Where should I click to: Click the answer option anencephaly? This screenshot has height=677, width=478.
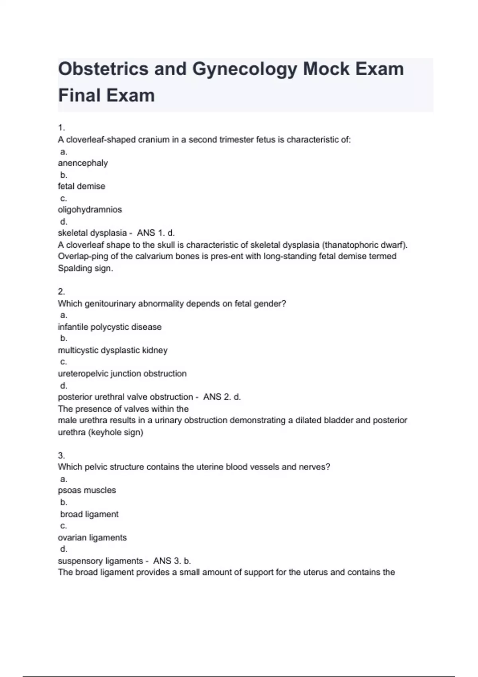point(83,163)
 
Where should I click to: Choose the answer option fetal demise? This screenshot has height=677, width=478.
point(82,186)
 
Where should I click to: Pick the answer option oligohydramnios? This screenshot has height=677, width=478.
point(90,209)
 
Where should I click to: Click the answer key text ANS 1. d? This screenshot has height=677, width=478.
point(156,233)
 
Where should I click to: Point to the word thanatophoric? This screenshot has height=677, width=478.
point(353,245)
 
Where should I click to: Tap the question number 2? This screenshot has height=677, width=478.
point(61,292)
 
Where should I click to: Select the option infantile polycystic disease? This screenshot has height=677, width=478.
point(110,327)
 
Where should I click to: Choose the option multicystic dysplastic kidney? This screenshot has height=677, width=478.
point(113,350)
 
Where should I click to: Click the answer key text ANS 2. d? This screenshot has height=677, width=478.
point(222,397)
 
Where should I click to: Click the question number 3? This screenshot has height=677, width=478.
point(61,455)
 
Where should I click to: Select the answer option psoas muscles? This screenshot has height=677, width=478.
point(87,490)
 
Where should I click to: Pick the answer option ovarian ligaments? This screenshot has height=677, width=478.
point(92,537)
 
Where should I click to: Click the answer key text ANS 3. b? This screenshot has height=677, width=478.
point(172,561)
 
